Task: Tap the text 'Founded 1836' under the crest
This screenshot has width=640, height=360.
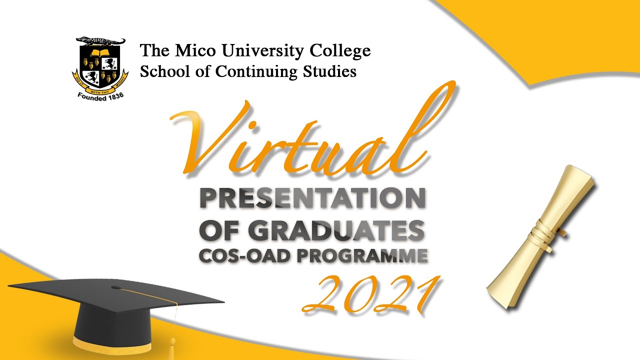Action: click(x=100, y=95)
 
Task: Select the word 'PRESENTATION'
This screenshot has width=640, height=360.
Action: click(x=312, y=199)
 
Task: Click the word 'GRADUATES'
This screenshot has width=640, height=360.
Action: click(x=336, y=231)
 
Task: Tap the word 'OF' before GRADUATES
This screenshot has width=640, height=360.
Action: click(x=219, y=231)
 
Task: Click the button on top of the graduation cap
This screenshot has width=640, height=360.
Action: click(x=116, y=287)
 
